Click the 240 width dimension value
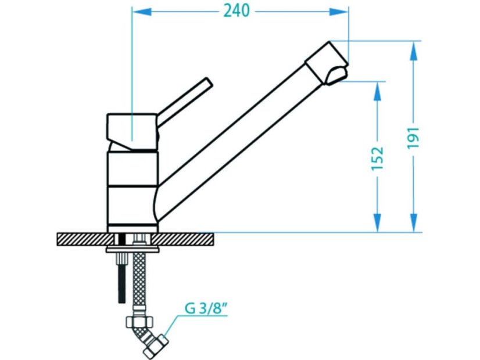pos(237,11)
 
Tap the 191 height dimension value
pos(413,138)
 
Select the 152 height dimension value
pos(378,159)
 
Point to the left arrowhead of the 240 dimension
pos(141,12)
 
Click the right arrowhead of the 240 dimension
pos(339,12)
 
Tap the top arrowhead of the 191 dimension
pos(414,51)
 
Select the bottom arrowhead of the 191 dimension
pos(414,222)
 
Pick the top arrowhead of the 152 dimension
pos(378,91)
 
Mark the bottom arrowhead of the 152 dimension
pos(378,222)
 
